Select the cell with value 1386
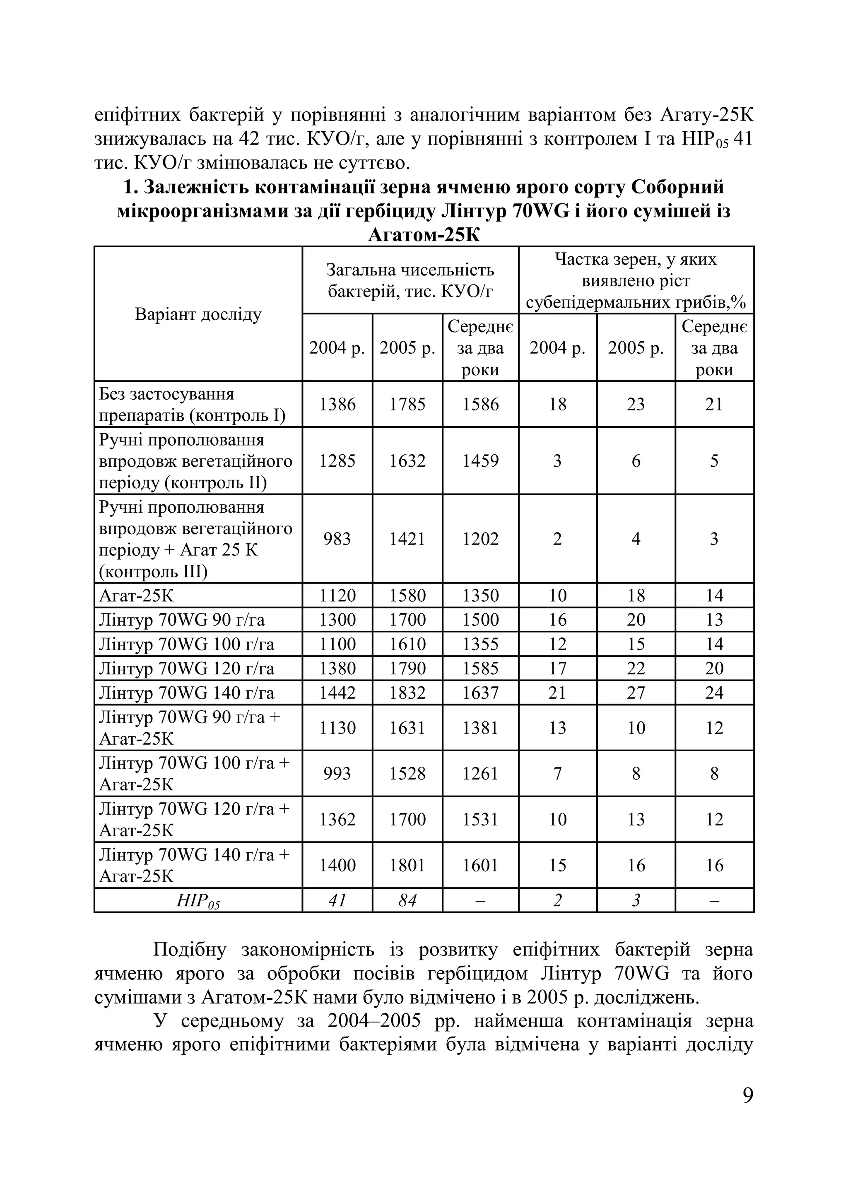[x=337, y=404]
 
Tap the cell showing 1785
[x=407, y=404]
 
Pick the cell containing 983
[x=337, y=538]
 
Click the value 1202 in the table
[x=480, y=538]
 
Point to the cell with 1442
[x=337, y=692]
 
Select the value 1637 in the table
[x=480, y=692]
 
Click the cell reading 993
[x=337, y=773]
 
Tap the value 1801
[x=407, y=865]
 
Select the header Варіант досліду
[x=198, y=314]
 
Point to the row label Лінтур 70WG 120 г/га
[x=186, y=668]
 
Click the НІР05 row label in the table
[x=198, y=901]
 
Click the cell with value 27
[x=636, y=692]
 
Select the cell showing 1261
[x=480, y=773]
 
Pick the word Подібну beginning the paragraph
[x=189, y=950]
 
